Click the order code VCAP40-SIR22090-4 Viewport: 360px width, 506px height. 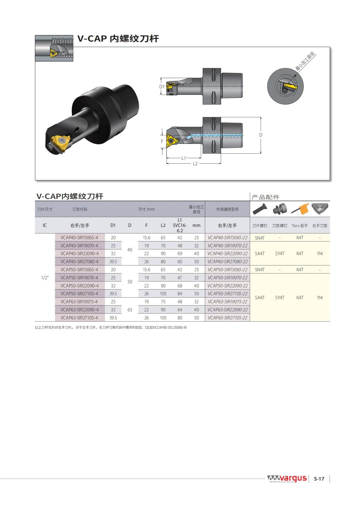[x=79, y=254]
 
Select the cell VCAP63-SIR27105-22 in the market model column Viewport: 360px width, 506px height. [x=227, y=318]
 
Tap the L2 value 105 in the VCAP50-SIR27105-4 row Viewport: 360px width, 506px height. [x=163, y=294]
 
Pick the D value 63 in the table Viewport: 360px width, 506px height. [x=130, y=310]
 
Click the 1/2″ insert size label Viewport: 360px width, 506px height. [x=45, y=278]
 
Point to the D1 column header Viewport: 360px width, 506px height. [x=113, y=225]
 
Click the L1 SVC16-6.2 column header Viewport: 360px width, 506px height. [x=180, y=225]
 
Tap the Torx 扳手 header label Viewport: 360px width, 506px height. [x=300, y=226]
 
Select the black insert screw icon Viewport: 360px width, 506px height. [x=260, y=209]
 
